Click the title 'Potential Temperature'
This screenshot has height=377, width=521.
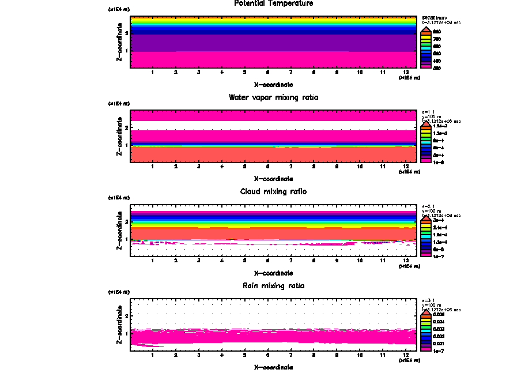(273, 3)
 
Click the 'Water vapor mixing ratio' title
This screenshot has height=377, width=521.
(273, 97)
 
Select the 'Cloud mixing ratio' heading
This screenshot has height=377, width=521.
(273, 191)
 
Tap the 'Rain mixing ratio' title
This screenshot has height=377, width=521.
(273, 286)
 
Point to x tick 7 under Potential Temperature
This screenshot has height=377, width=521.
(290, 72)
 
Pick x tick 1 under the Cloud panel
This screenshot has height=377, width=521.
(152, 260)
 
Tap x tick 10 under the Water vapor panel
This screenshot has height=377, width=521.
(360, 166)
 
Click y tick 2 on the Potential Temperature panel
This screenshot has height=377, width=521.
(126, 33)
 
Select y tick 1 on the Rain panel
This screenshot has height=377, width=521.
(126, 333)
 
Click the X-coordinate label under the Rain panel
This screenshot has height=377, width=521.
(273, 367)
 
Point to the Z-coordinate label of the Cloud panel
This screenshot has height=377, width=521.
(119, 232)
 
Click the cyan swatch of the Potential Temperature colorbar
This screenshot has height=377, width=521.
(425, 46)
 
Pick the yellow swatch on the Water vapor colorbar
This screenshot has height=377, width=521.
(425, 127)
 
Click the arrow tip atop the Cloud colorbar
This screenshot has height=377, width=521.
(425, 216)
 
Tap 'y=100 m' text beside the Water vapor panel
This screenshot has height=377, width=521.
(431, 115)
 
